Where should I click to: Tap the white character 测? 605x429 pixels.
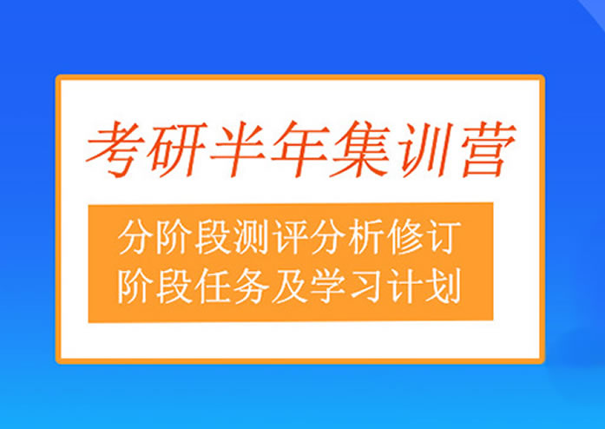coord(253,236)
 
